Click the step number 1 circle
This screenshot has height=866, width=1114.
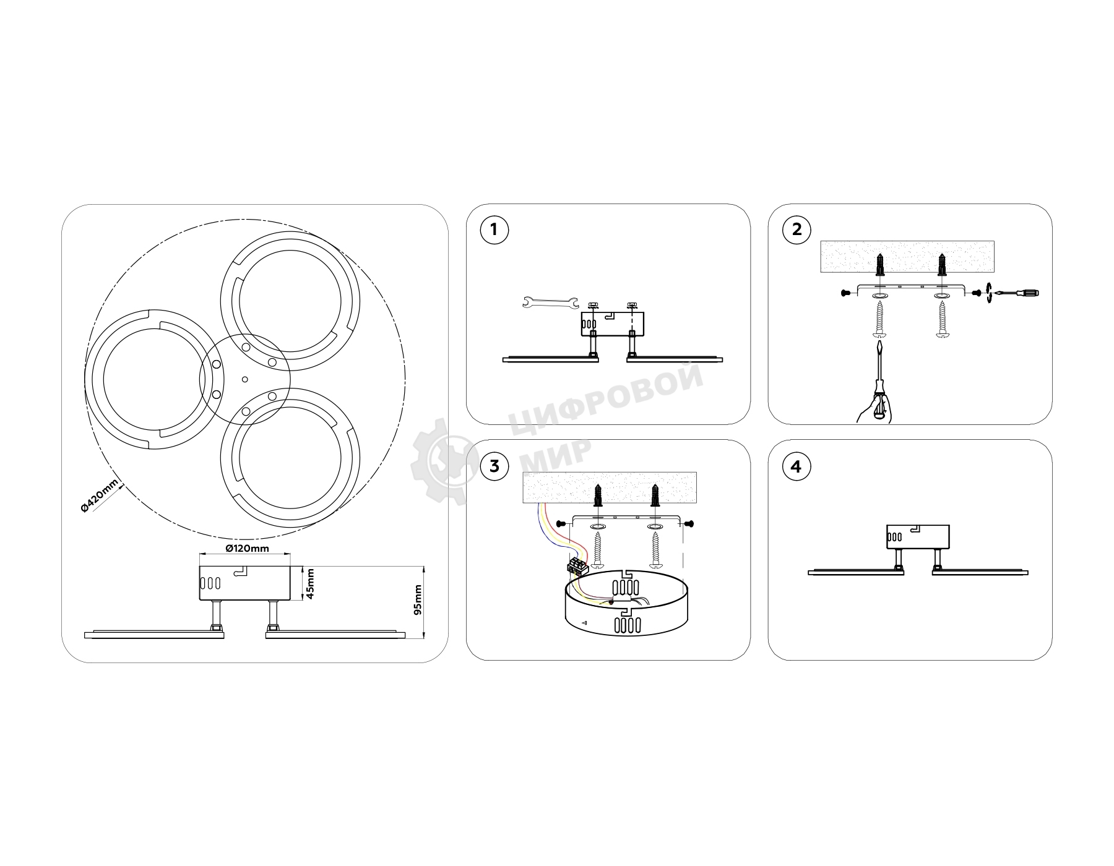click(x=494, y=230)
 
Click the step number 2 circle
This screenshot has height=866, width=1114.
click(x=797, y=230)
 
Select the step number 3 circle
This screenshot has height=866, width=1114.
click(x=494, y=466)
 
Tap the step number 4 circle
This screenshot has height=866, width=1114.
click(x=797, y=466)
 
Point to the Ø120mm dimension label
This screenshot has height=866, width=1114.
click(x=247, y=549)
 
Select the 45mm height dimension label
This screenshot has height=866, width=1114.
click(x=311, y=583)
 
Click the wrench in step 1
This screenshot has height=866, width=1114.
click(x=550, y=302)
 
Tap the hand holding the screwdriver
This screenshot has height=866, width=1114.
click(x=874, y=410)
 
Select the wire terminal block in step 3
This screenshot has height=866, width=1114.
click(x=576, y=566)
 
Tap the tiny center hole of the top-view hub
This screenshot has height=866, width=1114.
click(x=244, y=379)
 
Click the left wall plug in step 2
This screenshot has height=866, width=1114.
click(x=880, y=265)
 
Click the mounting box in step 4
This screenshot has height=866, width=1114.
click(x=917, y=537)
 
